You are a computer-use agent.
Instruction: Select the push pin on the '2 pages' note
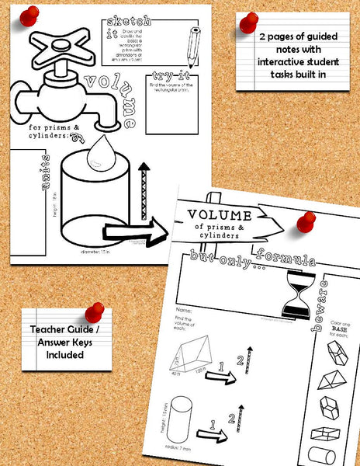(248, 23)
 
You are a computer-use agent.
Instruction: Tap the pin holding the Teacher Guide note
(94, 312)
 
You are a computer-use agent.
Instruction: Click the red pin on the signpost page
(305, 224)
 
